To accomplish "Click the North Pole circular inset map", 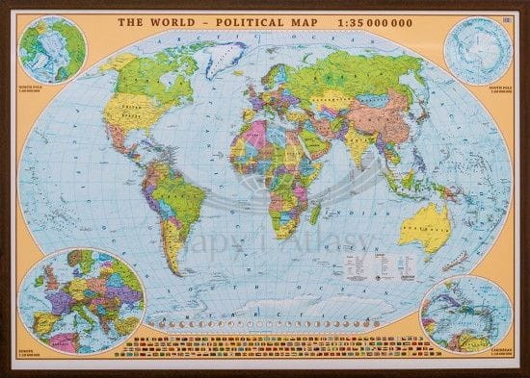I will pos(48,50).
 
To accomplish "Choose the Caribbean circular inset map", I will pos(465,313).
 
